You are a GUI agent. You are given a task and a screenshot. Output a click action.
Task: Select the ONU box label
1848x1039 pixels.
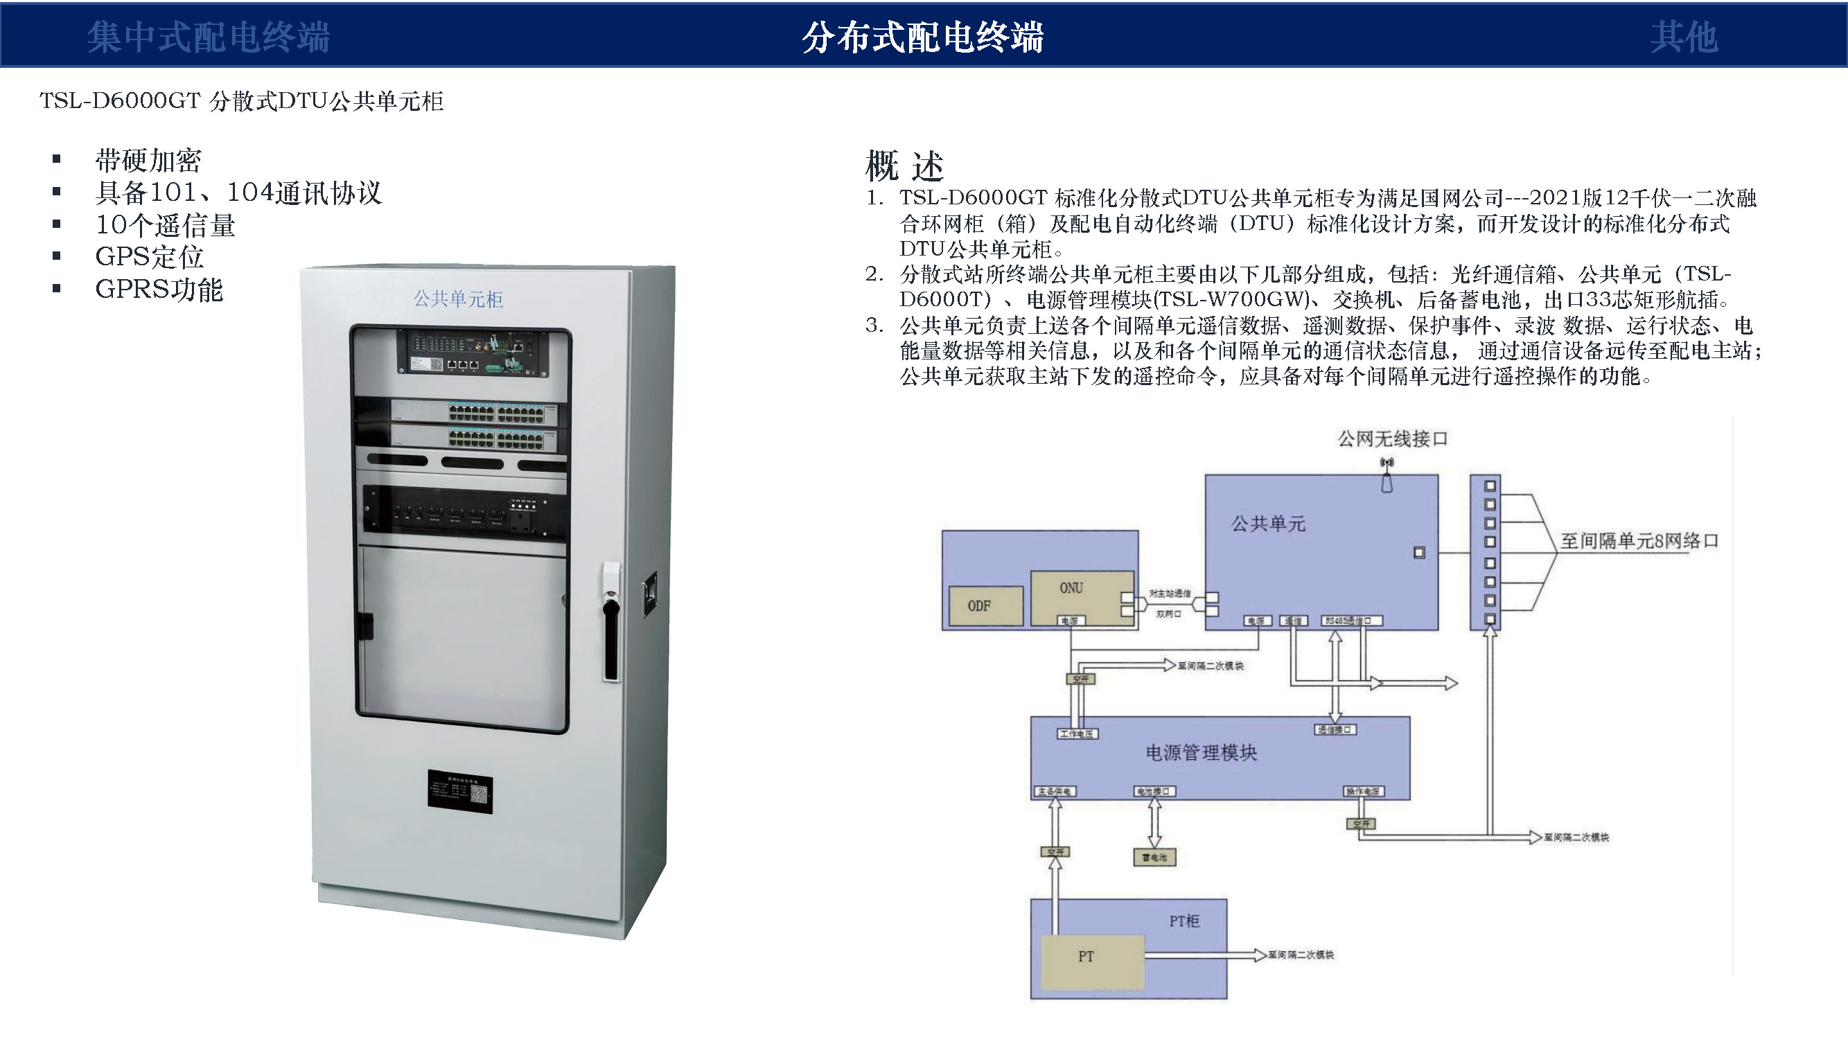[x=1071, y=588]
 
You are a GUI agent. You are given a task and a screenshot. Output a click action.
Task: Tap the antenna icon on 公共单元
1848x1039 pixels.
[x=1387, y=476]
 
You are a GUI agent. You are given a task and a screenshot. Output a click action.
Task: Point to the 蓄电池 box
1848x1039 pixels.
[x=1154, y=858]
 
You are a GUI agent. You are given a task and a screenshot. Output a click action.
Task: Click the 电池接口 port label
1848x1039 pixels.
[x=1154, y=792]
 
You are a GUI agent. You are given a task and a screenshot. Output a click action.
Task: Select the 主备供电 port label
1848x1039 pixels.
[x=1054, y=792]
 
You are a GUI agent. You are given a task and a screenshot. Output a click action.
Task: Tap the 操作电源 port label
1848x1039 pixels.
[x=1362, y=792]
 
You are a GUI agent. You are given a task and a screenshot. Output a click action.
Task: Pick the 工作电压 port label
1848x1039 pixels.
[x=1077, y=734]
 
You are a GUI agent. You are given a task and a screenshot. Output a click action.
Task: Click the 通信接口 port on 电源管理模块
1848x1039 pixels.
[x=1335, y=730]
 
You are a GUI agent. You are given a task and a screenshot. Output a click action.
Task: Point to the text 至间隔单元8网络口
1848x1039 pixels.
[x=1639, y=541]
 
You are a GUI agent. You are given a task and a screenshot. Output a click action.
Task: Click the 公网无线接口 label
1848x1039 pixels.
[x=1392, y=439]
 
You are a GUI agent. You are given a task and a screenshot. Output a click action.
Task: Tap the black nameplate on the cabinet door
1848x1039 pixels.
[x=460, y=792]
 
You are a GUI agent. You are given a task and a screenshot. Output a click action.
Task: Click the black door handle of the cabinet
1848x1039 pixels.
[x=611, y=640]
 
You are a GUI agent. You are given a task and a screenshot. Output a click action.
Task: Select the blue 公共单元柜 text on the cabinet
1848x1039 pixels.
[x=458, y=299]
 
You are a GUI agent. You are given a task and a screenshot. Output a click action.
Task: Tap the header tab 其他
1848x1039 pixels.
[x=1684, y=37]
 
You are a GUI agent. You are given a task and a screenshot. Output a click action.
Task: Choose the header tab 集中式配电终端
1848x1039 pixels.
[x=208, y=37]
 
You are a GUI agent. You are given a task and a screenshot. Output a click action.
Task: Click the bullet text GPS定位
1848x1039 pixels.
[x=149, y=257]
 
